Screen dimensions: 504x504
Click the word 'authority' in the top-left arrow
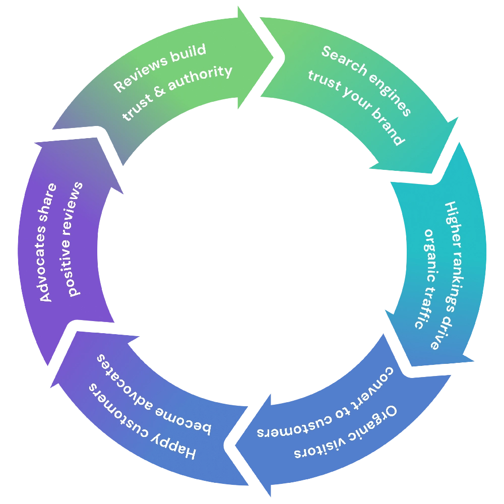click(200, 79)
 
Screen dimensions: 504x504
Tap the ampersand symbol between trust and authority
click(160, 96)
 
